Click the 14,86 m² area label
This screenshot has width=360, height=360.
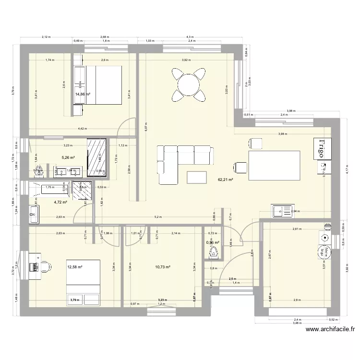[x=83, y=95]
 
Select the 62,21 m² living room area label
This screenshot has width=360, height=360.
[x=225, y=180]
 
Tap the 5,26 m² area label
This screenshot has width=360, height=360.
[x=68, y=156]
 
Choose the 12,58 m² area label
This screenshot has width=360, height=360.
[x=75, y=267]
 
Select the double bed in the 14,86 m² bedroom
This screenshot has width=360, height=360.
[x=102, y=85]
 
